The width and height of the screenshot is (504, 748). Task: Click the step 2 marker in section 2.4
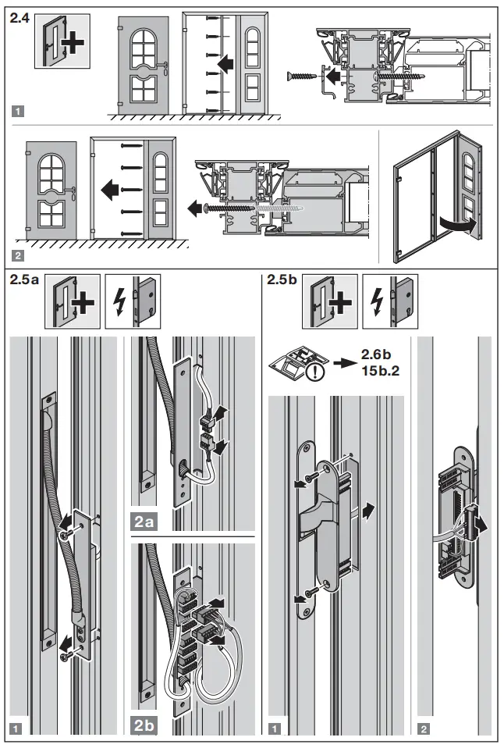point(18,255)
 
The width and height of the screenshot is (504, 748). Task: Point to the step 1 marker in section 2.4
point(18,110)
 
